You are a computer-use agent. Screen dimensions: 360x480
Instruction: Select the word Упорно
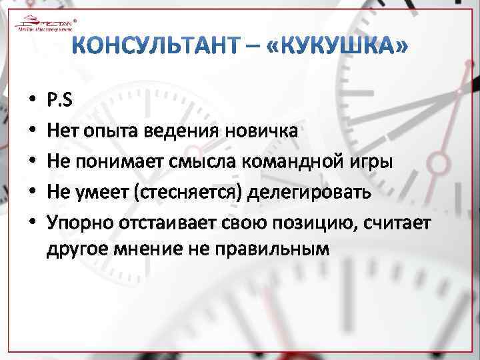coord(75,221)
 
